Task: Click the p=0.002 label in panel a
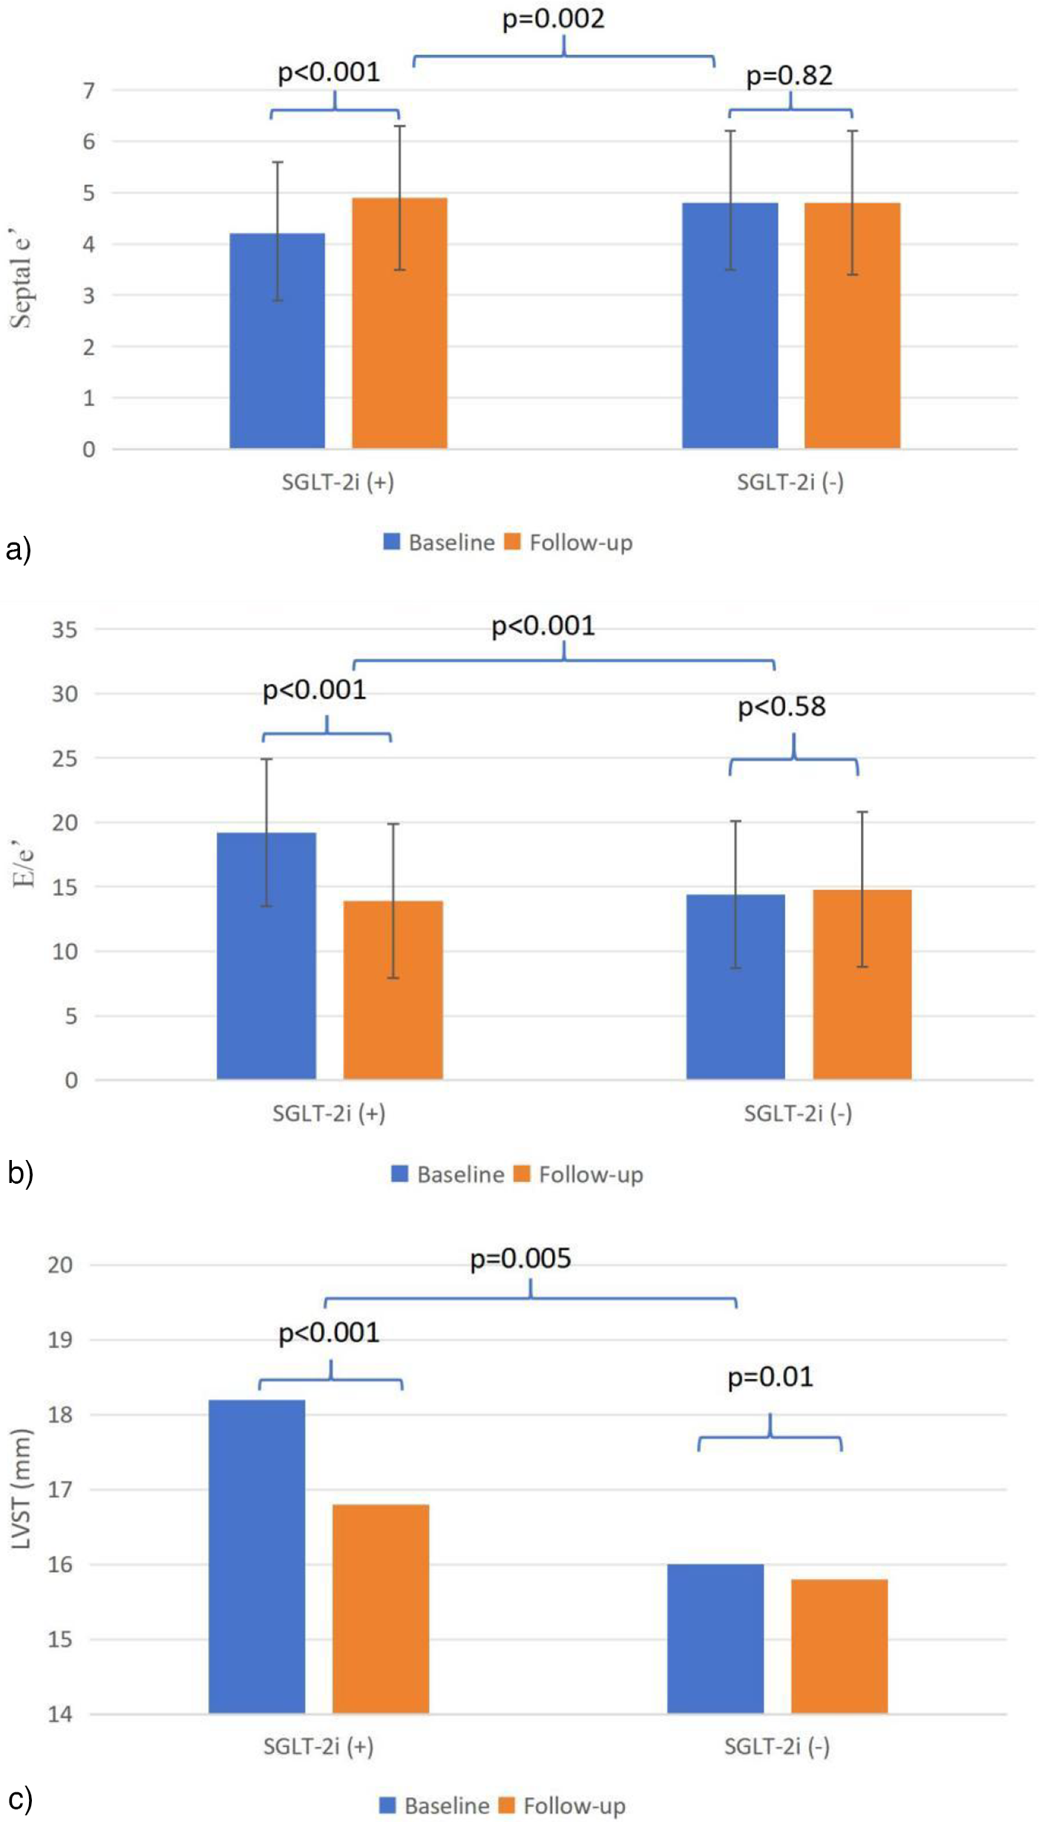click(553, 19)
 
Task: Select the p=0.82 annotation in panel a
click(789, 76)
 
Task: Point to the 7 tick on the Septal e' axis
click(89, 91)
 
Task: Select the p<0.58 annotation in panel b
click(781, 707)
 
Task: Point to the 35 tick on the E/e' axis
click(65, 630)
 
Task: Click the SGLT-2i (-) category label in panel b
click(798, 1113)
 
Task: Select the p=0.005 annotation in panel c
click(520, 1259)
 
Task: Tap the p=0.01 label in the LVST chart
click(770, 1377)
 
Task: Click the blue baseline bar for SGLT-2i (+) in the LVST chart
click(256, 1559)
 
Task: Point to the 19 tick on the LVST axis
click(60, 1340)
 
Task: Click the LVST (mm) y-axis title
click(22, 1488)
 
